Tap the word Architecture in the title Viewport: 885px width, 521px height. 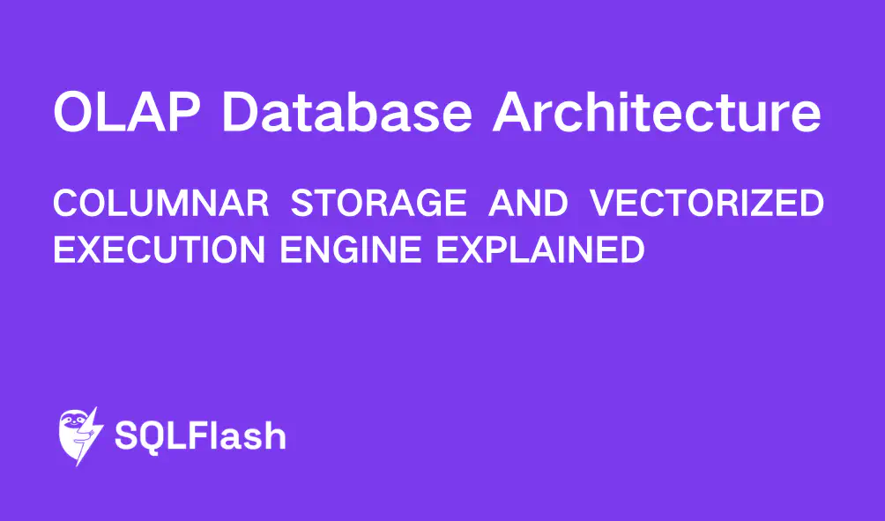pyautogui.click(x=657, y=112)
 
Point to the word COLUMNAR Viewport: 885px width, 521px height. pyautogui.click(x=160, y=205)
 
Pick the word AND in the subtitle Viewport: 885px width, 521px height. pyautogui.click(x=528, y=205)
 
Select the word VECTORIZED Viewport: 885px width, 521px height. pyautogui.click(x=707, y=205)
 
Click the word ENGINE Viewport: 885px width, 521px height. pyautogui.click(x=352, y=249)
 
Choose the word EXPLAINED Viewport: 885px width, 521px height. pyautogui.click(x=540, y=249)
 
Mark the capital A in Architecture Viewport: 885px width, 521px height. pyautogui.click(x=516, y=112)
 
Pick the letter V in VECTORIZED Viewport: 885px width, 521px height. pyautogui.click(x=601, y=205)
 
